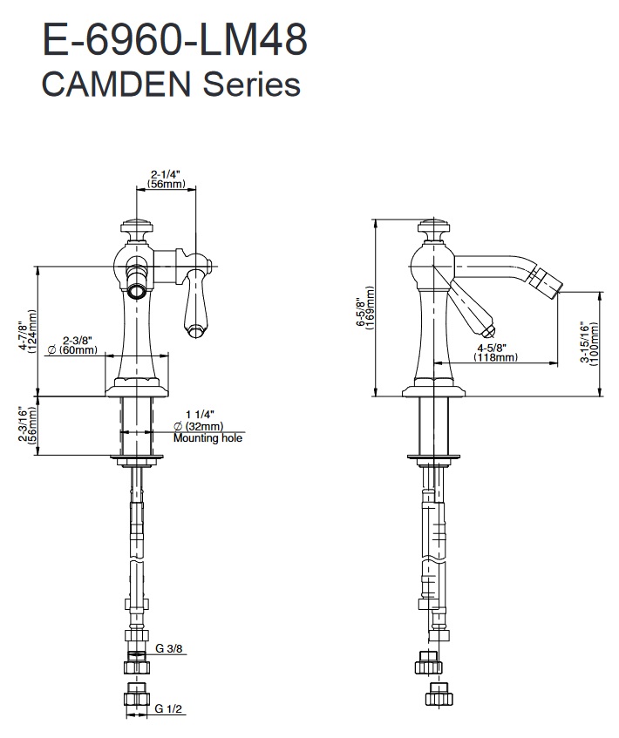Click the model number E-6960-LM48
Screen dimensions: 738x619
[174, 42]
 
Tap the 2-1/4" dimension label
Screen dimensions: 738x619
[166, 174]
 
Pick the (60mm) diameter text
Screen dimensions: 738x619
[74, 350]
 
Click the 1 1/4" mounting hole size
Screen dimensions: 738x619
[199, 415]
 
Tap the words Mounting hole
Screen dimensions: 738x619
[207, 437]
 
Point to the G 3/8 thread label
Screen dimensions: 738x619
[170, 649]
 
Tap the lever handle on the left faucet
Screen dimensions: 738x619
[193, 301]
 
